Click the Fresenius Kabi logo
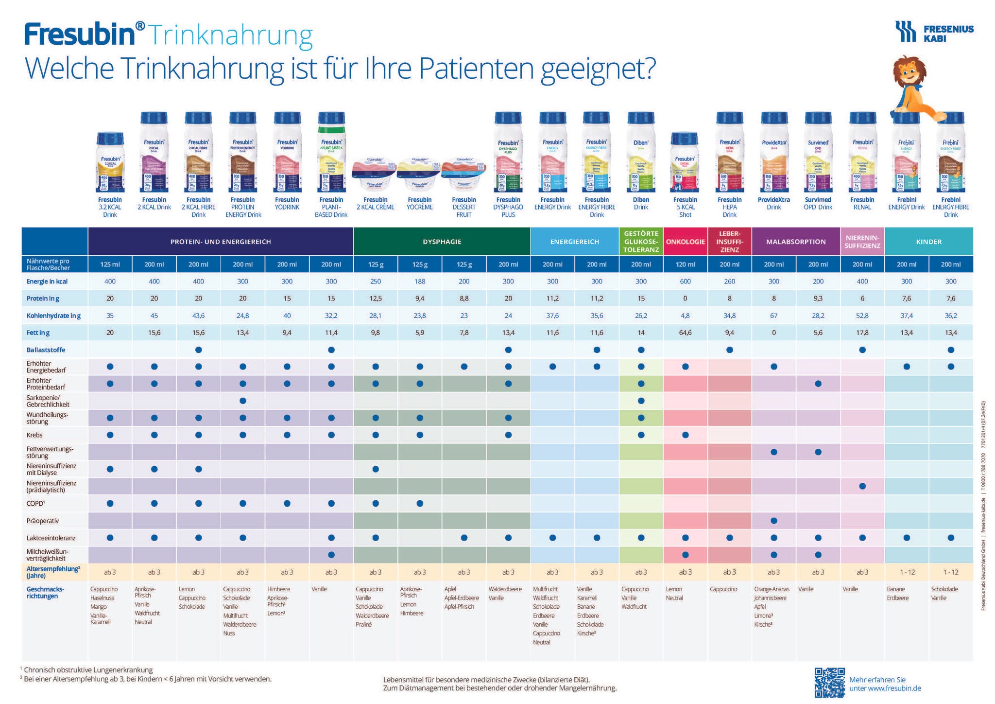934,32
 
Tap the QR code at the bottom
829,683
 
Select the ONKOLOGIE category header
685,242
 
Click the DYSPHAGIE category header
442,242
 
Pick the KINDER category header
928,242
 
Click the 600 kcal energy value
685,282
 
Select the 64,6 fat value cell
685,333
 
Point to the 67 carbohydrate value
773,316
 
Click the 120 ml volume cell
685,264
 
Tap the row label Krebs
34,435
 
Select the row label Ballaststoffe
46,350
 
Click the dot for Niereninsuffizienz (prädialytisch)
862,486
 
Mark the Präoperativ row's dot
774,521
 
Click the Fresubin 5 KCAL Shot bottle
685,163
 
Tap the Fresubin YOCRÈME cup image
420,173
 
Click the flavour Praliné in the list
363,624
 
